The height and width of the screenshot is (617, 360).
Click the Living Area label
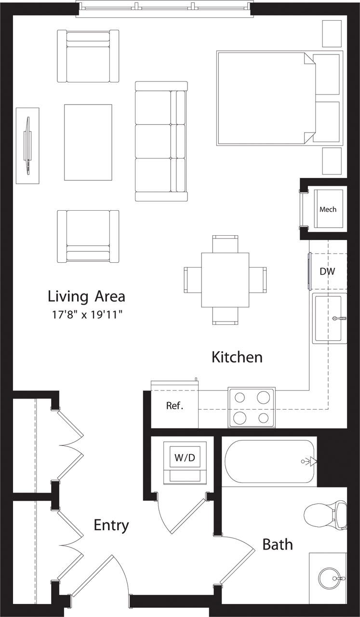tap(86, 296)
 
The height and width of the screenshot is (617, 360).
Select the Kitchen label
tap(237, 357)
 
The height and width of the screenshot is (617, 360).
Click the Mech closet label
tap(328, 209)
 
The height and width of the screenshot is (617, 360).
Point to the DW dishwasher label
tap(327, 271)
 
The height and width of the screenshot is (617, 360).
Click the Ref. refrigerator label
tap(174, 405)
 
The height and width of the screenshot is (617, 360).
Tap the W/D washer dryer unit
tap(185, 461)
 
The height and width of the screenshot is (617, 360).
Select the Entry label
tap(111, 525)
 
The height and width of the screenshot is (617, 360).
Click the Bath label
tap(277, 544)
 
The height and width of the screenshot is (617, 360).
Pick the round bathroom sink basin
tap(329, 577)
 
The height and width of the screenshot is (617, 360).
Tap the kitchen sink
tap(329, 318)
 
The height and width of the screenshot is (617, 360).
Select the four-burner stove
tap(251, 407)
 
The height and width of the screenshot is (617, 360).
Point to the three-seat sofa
tap(160, 141)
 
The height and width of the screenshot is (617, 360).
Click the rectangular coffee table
tap(88, 142)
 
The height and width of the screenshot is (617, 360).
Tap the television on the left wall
tap(28, 145)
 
